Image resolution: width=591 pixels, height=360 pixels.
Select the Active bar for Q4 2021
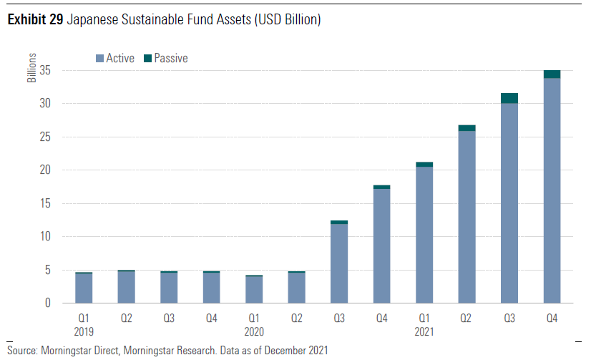coord(552,190)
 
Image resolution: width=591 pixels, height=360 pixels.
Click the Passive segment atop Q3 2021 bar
coord(509,98)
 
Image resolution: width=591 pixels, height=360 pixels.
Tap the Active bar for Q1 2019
coord(84,288)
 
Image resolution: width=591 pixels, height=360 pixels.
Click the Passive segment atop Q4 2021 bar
coord(552,74)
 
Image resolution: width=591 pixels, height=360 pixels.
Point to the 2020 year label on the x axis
coord(254,332)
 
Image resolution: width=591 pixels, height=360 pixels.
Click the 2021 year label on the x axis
coord(424,332)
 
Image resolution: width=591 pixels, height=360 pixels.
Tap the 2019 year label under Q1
coord(84,332)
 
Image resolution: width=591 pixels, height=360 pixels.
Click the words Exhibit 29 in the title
coord(35,20)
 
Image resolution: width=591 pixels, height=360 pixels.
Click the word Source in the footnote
coord(22,350)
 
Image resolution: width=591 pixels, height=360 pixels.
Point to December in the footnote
coord(280,350)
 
